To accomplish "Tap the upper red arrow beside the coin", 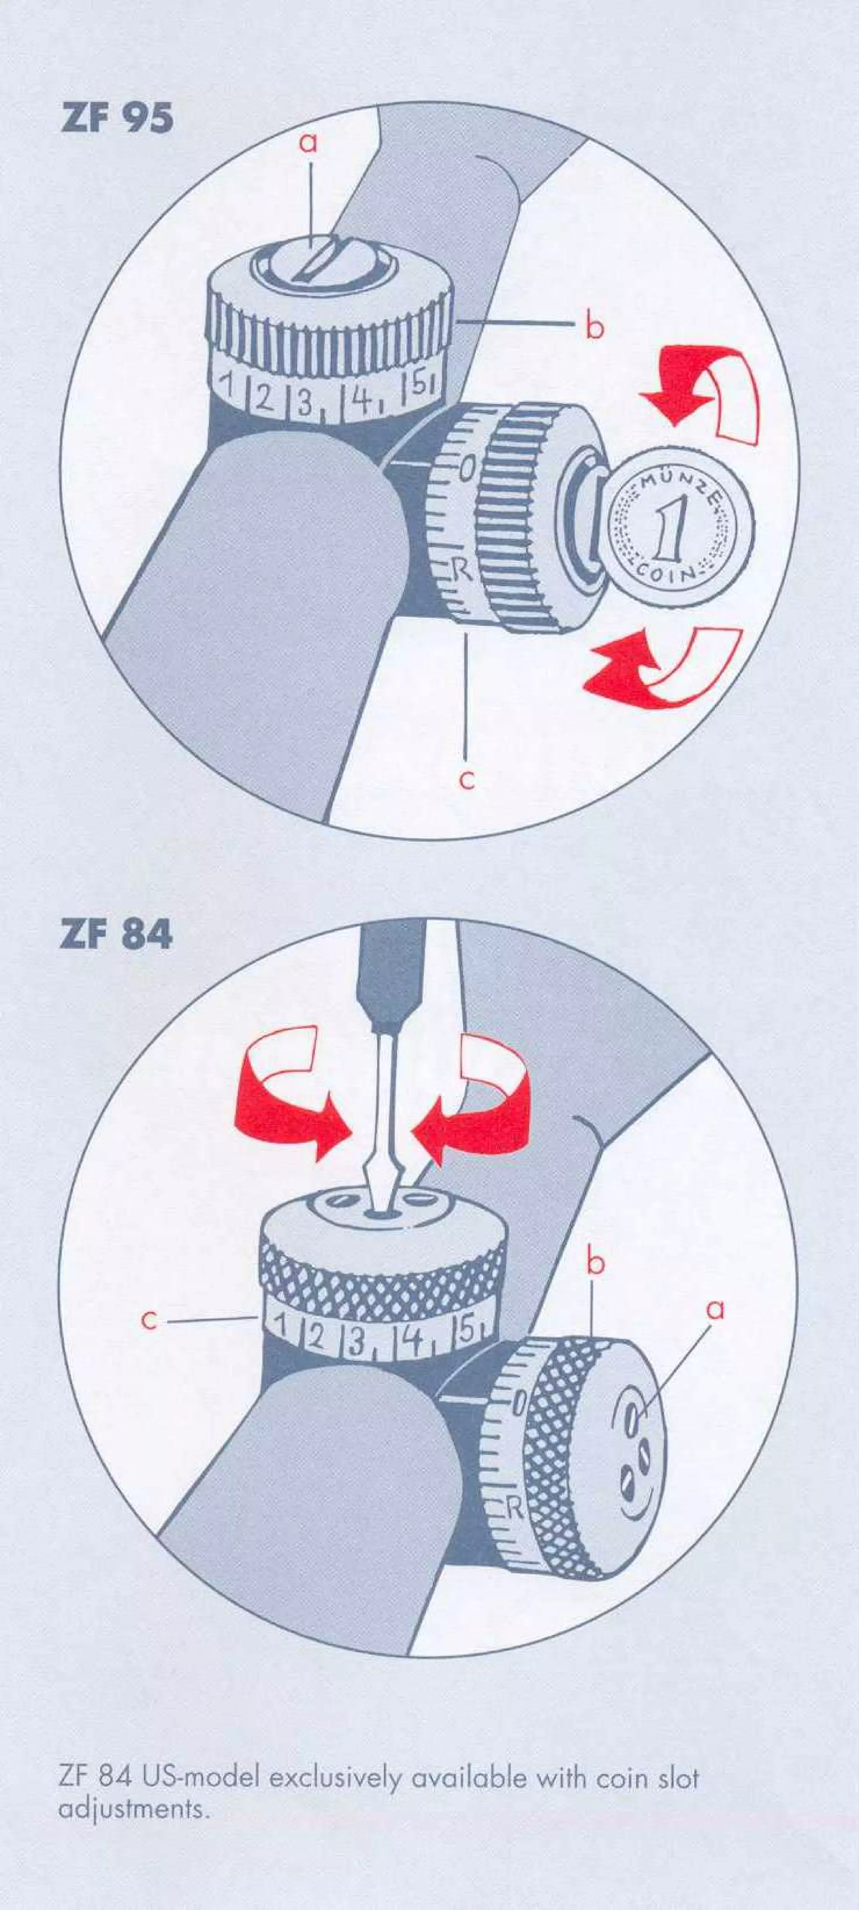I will [700, 393].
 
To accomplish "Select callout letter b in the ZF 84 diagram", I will [595, 1264].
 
